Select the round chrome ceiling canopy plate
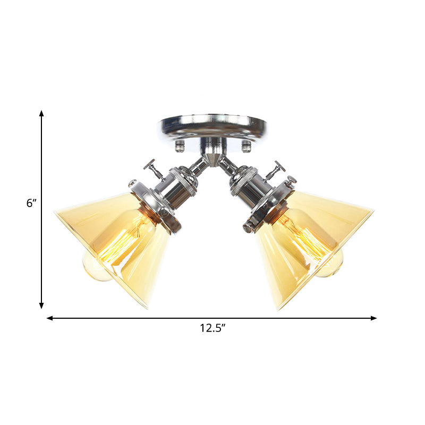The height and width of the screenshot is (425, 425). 212,126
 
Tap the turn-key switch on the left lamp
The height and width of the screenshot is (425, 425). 153,168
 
